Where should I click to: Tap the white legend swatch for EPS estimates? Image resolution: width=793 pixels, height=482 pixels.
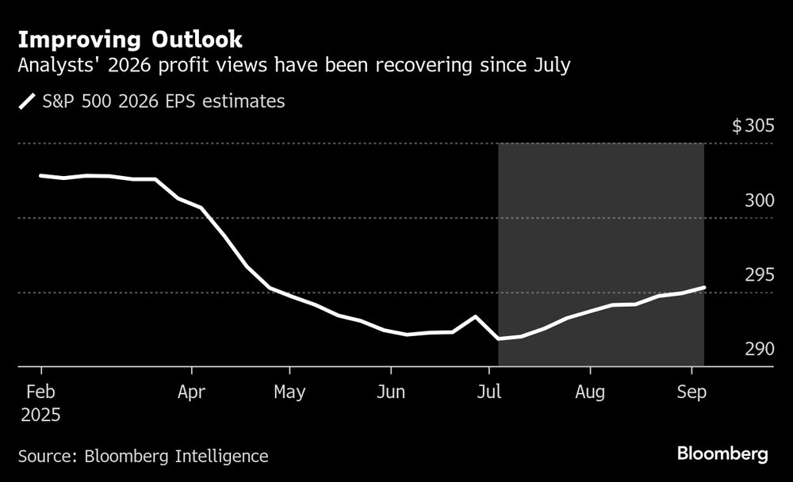pyautogui.click(x=29, y=102)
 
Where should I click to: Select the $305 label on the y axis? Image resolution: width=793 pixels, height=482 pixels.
pyautogui.click(x=762, y=126)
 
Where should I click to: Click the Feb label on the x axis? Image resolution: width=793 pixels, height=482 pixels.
pyautogui.click(x=40, y=392)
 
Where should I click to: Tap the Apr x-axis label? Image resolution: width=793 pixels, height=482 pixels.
pyautogui.click(x=192, y=392)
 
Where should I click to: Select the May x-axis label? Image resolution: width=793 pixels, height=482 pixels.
pyautogui.click(x=289, y=392)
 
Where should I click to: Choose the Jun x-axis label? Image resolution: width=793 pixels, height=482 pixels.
pyautogui.click(x=390, y=392)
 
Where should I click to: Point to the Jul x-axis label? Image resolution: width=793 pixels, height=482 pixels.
pyautogui.click(x=489, y=392)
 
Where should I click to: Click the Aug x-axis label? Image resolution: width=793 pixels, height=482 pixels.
pyautogui.click(x=590, y=392)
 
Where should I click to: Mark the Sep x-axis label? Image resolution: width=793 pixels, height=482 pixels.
pyautogui.click(x=692, y=392)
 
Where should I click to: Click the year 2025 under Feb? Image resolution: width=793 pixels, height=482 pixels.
pyautogui.click(x=40, y=415)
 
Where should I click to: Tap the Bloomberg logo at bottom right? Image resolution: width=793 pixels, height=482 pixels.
pyautogui.click(x=722, y=454)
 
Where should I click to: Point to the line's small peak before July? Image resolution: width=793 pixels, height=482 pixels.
pyautogui.click(x=476, y=316)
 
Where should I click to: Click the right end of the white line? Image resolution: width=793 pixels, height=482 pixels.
pyautogui.click(x=704, y=287)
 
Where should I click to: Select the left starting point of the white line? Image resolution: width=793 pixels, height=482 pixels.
pyautogui.click(x=40, y=175)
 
